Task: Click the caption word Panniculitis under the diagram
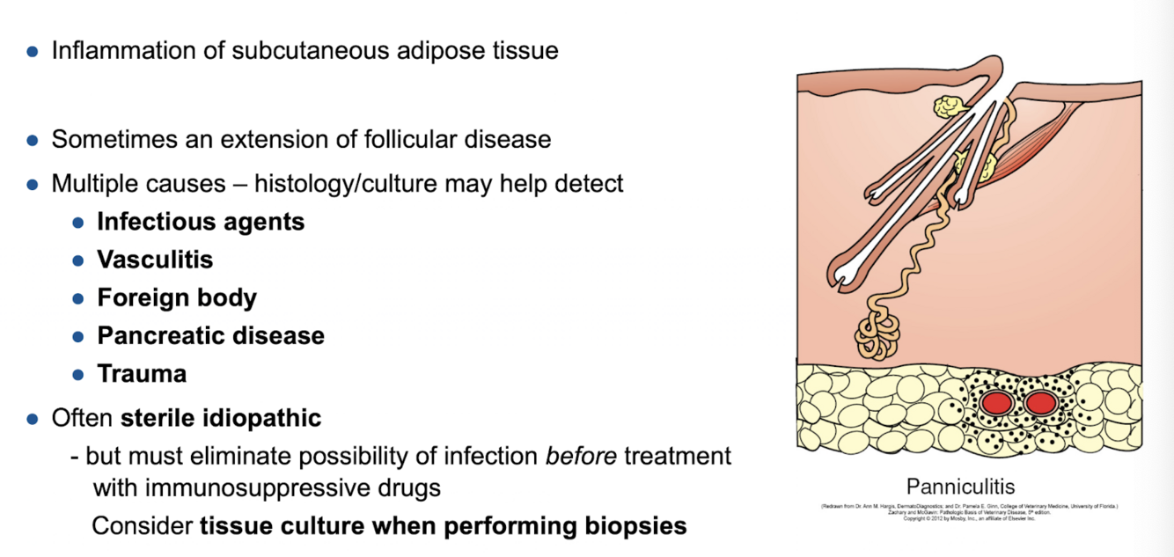960,486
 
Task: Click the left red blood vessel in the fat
997,403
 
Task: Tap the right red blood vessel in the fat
1040,403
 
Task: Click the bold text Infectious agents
201,221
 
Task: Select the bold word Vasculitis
155,260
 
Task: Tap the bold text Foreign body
177,297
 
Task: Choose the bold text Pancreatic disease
210,335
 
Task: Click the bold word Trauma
142,373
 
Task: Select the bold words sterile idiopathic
221,417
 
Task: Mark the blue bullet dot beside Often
33,418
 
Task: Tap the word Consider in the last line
142,525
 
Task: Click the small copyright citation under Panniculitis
969,512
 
